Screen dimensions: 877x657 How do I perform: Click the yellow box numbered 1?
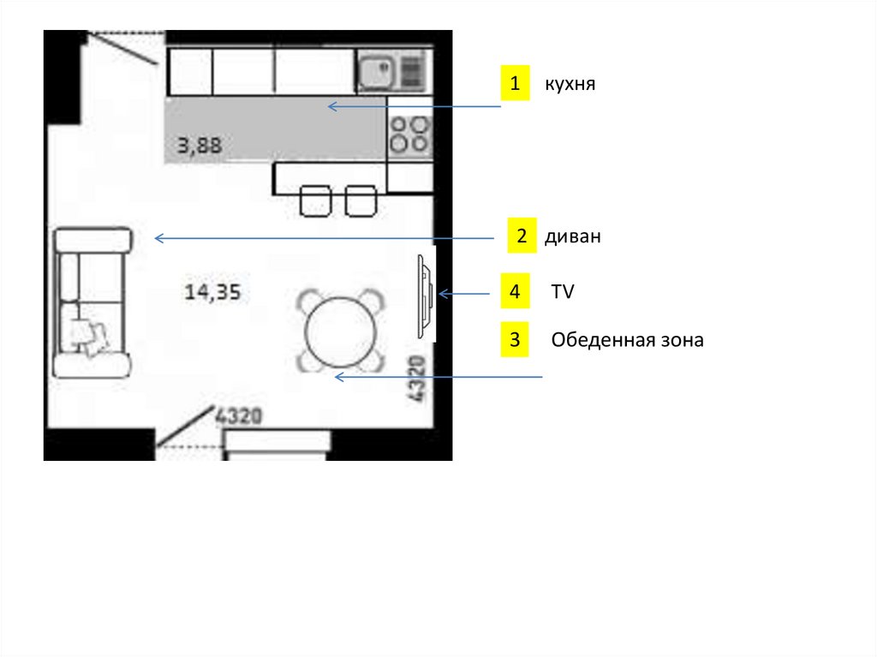[515, 83]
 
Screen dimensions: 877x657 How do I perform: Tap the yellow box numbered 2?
[522, 236]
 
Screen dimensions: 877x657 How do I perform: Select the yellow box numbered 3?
[515, 339]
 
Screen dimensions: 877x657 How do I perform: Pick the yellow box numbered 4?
[515, 291]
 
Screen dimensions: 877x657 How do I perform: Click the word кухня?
[570, 84]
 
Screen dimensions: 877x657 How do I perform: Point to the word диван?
[573, 236]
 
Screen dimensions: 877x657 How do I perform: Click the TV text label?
[563, 291]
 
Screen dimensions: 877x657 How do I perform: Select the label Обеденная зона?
[627, 340]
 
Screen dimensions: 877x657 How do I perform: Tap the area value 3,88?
[200, 146]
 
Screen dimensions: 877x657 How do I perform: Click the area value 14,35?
[212, 291]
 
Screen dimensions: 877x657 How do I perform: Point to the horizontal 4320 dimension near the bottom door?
[239, 415]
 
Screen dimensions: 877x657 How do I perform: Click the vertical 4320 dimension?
[417, 379]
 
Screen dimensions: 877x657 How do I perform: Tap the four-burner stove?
[409, 134]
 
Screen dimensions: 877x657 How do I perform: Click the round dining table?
[340, 331]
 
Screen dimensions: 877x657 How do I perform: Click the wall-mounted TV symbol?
[425, 296]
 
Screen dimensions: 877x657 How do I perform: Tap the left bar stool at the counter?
[315, 201]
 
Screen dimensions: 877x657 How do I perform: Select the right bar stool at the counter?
[361, 201]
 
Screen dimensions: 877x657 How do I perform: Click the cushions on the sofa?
[88, 337]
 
